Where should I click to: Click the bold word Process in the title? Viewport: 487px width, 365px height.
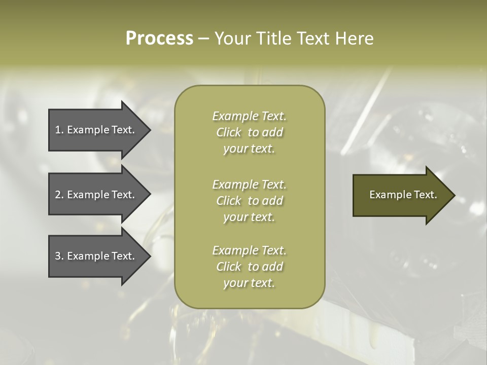click(159, 39)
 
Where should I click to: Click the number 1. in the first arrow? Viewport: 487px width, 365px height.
click(59, 130)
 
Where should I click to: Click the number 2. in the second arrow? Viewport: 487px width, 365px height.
click(59, 195)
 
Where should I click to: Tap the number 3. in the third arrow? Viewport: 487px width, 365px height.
click(59, 256)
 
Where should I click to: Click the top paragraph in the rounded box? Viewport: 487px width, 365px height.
click(249, 132)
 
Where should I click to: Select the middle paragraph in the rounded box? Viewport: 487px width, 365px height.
click(249, 201)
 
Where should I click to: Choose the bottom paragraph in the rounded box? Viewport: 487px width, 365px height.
click(249, 267)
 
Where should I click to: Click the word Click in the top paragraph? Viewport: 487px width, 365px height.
click(229, 132)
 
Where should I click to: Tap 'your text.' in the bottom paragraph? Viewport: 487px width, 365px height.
click(249, 283)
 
